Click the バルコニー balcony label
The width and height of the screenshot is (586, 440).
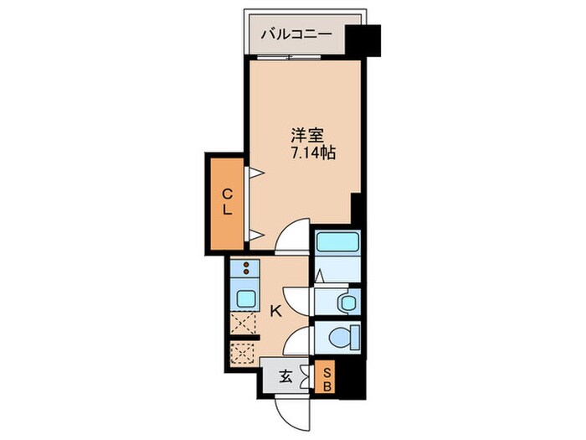(x=296, y=34)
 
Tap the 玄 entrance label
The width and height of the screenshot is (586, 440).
(x=285, y=376)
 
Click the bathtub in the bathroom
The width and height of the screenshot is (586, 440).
(x=337, y=244)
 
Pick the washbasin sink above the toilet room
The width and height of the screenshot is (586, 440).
(x=344, y=302)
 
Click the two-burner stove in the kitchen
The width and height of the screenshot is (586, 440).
(x=247, y=269)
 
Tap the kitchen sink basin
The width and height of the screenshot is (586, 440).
(x=246, y=298)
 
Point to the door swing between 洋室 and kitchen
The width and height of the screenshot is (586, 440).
(x=294, y=236)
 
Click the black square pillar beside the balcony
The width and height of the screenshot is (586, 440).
(x=364, y=39)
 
